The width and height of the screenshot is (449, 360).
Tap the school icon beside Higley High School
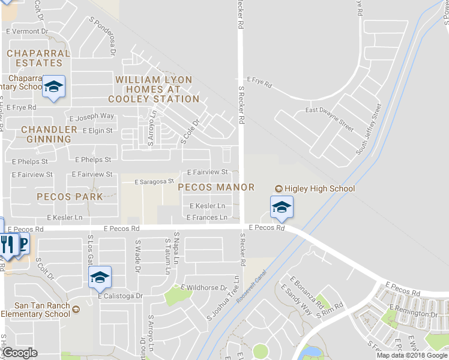[x=281, y=208]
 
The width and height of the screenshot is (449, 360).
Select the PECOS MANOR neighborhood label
[x=217, y=187]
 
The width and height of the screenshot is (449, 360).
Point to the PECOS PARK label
[x=69, y=196]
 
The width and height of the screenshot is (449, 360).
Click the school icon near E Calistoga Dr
[x=100, y=277]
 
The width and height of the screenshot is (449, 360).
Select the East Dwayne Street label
[x=330, y=118]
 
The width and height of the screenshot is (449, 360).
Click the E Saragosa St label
[x=154, y=181]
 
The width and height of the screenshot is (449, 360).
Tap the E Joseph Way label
[x=92, y=116]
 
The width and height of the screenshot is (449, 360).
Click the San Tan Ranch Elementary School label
[x=36, y=310]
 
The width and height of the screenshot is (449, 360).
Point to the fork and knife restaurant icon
[x=7, y=244]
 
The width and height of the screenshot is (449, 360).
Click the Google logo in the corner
[x=20, y=352]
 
